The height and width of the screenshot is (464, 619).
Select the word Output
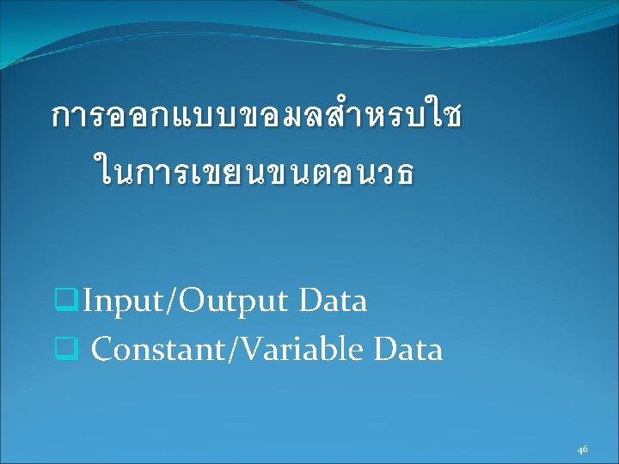[x=232, y=302]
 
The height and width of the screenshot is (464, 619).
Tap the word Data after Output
[x=333, y=301]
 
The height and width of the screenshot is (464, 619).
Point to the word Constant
[x=158, y=348]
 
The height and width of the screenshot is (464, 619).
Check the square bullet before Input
[x=66, y=300]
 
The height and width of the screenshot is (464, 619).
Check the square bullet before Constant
[x=66, y=348]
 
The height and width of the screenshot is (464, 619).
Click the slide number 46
[x=582, y=449]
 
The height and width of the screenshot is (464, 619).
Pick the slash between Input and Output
[x=171, y=302]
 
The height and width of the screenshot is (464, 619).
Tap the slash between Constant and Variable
[x=232, y=349]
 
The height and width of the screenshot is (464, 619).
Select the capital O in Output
[x=192, y=301]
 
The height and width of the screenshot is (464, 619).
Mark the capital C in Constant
[x=102, y=348]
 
